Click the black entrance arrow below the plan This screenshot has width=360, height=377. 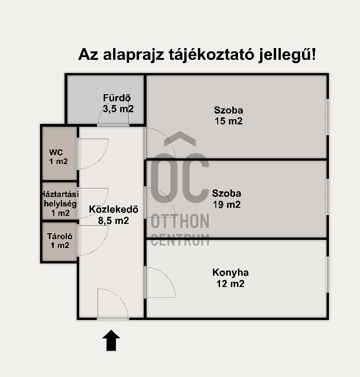[x=111, y=340]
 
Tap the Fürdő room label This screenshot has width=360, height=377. [x=117, y=98]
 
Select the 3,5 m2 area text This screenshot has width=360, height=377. [x=118, y=109]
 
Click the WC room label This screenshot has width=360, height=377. [x=56, y=152]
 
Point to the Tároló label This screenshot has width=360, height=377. [x=60, y=236]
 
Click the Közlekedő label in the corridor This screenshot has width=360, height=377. [x=114, y=209]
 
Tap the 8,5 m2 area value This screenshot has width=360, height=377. [x=114, y=221]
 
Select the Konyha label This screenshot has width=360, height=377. [x=230, y=272]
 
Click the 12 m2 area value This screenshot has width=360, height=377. [x=230, y=284]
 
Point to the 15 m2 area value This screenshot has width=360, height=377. [x=229, y=121]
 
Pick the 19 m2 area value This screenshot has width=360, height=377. [x=227, y=205]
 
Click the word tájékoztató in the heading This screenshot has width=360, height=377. [x=211, y=55]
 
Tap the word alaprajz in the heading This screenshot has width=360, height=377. [x=133, y=55]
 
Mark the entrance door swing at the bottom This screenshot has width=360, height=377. [x=120, y=296]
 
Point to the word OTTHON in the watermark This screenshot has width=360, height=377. [x=180, y=221]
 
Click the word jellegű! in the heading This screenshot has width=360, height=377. [x=287, y=55]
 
